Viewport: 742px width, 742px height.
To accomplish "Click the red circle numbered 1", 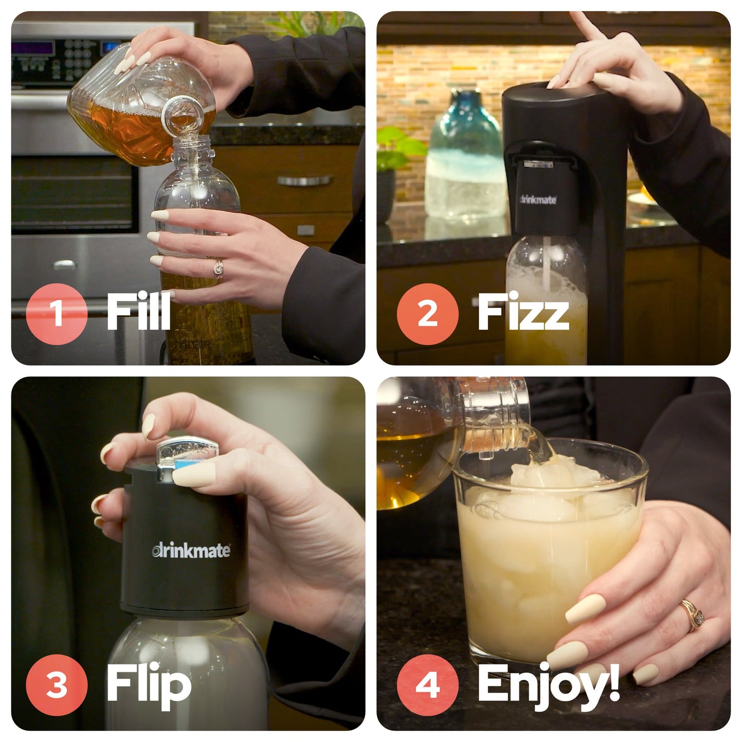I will tap(56, 313).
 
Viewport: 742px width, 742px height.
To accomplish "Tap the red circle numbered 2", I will tap(427, 313).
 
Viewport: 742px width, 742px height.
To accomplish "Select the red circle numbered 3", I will tap(56, 684).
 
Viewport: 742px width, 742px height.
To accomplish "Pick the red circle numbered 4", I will tap(427, 684).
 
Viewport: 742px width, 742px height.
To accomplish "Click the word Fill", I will tap(139, 312).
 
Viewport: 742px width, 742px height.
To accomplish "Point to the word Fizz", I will tap(523, 312).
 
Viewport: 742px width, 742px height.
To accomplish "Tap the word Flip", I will tap(149, 684).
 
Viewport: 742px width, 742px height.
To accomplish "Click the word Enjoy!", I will tap(548, 684).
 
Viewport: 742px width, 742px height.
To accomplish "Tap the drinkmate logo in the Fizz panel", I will tap(538, 199).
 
